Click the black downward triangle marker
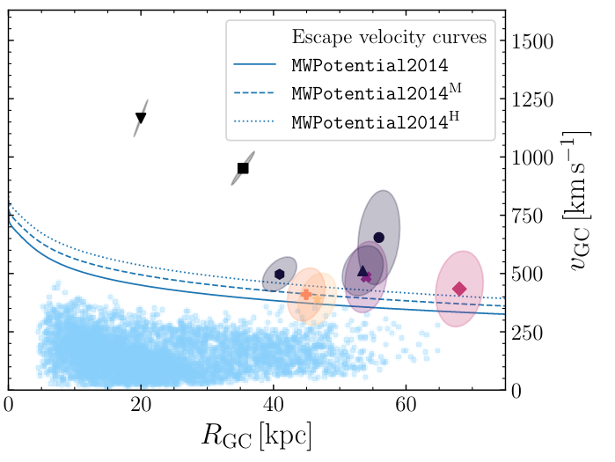(141, 118)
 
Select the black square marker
(243, 168)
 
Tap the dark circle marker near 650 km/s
(379, 238)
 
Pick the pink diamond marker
(459, 289)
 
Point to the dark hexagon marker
(279, 274)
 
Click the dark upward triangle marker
(362, 271)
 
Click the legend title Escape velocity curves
(391, 38)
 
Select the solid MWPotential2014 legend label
(370, 65)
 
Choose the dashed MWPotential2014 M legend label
(376, 92)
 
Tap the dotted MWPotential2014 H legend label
(376, 121)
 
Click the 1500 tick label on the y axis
(537, 42)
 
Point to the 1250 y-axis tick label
(537, 100)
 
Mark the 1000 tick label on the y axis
(537, 158)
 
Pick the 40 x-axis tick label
(273, 405)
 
